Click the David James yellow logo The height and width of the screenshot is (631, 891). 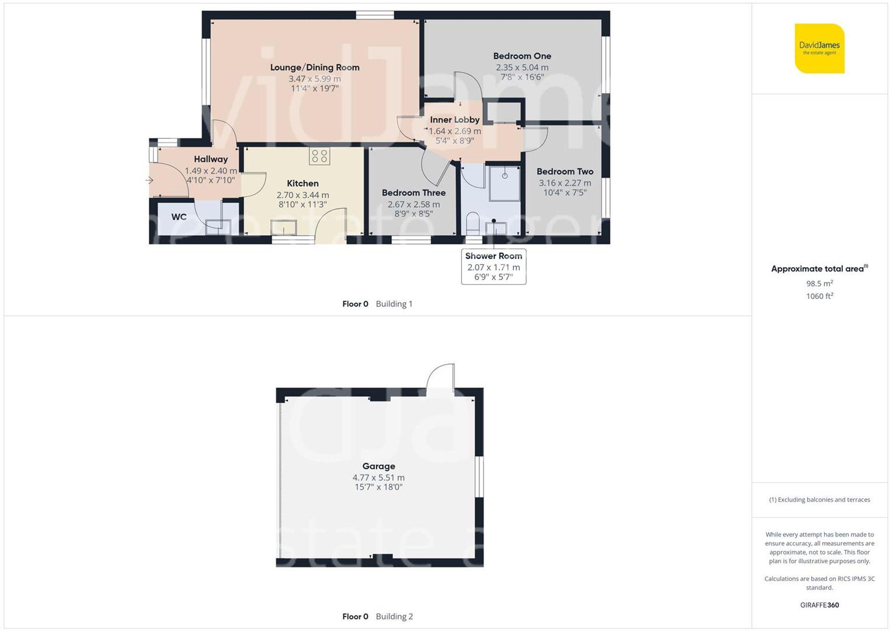(x=819, y=48)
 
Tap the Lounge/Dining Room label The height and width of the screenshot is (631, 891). (x=315, y=67)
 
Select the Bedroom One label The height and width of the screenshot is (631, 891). (x=522, y=56)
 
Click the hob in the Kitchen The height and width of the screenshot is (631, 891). (x=319, y=156)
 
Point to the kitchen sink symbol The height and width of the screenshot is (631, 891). (x=284, y=227)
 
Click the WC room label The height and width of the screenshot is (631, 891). (x=179, y=217)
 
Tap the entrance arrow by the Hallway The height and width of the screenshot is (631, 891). (x=149, y=180)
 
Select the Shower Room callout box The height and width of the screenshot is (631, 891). (x=493, y=267)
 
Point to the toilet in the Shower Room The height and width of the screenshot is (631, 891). (x=472, y=223)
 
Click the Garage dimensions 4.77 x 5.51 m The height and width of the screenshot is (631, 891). (x=378, y=478)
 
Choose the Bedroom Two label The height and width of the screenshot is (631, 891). (x=564, y=172)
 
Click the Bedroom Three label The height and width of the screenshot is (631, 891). (x=413, y=193)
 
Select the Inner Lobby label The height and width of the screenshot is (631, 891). (x=454, y=120)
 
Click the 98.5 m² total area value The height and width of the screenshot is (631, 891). (x=819, y=283)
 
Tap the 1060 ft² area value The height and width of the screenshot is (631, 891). (x=819, y=296)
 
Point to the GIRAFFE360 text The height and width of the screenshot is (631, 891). (x=819, y=605)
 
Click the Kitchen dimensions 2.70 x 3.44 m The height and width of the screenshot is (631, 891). (x=302, y=195)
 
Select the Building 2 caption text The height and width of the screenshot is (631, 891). (x=394, y=617)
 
